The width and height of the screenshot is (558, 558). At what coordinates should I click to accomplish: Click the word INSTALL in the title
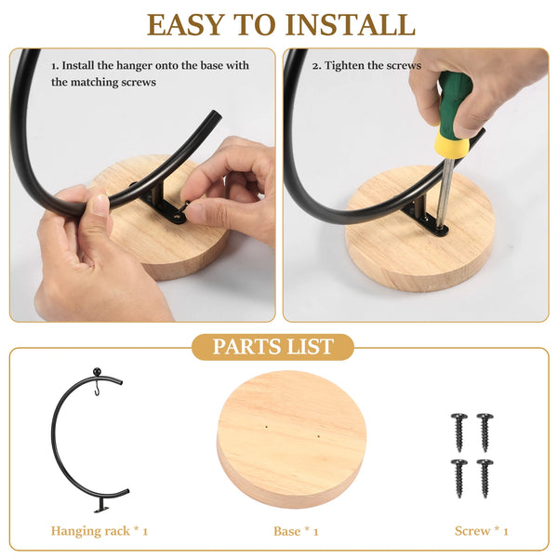coord(351,24)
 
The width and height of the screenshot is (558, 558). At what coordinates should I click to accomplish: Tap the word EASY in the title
coord(186,24)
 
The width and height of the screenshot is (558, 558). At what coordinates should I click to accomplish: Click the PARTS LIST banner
coord(272,347)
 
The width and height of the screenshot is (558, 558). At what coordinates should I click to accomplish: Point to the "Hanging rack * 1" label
coord(99,531)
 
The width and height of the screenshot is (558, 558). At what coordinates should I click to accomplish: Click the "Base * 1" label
coord(296,531)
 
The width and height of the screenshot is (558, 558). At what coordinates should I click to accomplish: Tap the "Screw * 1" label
coord(481,531)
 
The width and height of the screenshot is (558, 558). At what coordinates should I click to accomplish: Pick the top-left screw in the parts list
coord(459,432)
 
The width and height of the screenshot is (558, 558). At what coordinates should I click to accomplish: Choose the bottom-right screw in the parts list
coord(485,478)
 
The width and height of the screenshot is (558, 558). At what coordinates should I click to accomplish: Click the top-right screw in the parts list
coord(485,432)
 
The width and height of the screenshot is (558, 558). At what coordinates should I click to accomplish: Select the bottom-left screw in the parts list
coord(459,478)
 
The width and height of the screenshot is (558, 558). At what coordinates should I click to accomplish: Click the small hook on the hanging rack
coord(97,389)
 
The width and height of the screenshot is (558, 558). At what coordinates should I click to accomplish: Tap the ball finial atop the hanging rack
coord(97,372)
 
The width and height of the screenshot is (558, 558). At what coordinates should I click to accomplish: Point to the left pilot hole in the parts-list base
coord(267,426)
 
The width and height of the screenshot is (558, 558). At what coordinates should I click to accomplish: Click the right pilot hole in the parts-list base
coord(318,435)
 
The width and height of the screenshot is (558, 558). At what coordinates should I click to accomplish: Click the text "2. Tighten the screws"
coord(366,65)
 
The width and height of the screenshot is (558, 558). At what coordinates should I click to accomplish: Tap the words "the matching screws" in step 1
coord(103,82)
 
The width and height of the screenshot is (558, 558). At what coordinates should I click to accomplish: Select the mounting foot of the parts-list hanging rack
coord(102,505)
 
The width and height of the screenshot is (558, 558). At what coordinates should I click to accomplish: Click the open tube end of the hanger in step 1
coord(215,116)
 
